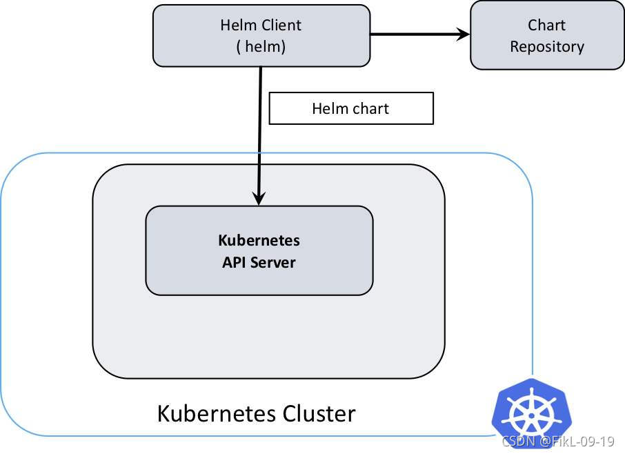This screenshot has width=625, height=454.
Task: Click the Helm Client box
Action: [x=261, y=36]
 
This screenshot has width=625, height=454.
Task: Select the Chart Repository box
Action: [x=546, y=36]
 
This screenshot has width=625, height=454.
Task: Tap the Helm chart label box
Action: [x=350, y=109]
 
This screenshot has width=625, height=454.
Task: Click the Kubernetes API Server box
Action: [x=259, y=250]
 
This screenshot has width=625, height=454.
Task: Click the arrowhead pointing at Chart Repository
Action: [x=462, y=34]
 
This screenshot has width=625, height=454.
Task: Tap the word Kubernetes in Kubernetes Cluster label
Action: [x=217, y=414]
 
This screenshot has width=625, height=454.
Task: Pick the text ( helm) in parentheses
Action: [x=261, y=47]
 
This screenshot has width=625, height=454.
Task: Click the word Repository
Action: [x=546, y=47]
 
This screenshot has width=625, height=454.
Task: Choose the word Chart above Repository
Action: [x=546, y=26]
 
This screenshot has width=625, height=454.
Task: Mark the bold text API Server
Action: [x=259, y=262]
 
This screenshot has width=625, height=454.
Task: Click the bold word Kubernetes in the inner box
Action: [x=259, y=240]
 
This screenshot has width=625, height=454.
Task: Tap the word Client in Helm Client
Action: [x=281, y=26]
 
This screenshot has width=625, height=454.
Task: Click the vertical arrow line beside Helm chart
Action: [x=259, y=131]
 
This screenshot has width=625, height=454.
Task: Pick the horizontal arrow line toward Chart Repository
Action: [x=414, y=34]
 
